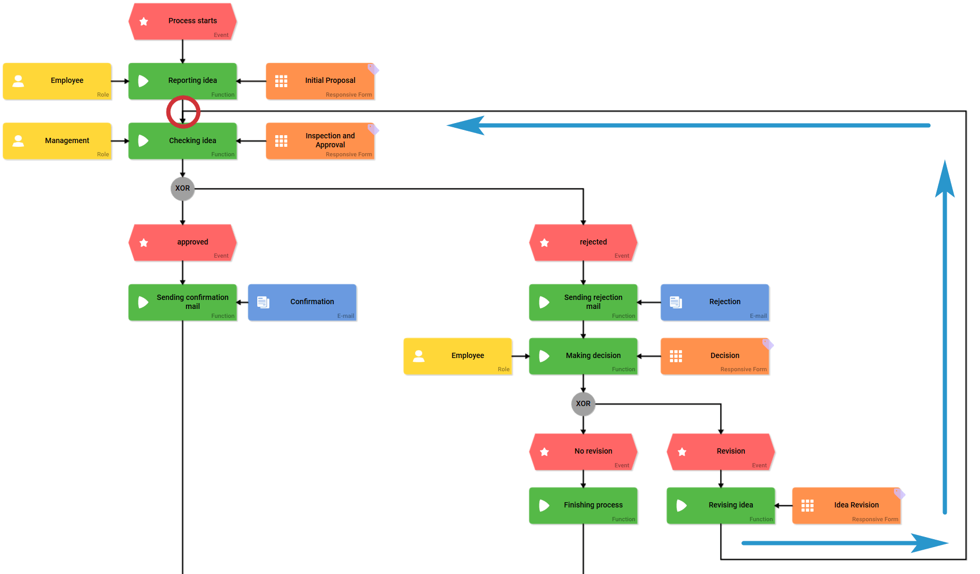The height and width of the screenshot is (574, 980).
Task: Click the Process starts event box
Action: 182,22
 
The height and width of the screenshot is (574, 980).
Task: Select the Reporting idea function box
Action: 182,81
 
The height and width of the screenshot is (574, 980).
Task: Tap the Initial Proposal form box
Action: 320,81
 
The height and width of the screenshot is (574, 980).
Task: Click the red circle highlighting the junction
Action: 183,112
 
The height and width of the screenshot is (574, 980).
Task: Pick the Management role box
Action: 57,141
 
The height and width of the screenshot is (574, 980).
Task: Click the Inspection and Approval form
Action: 320,141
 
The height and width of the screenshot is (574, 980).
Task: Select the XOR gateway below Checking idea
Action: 183,189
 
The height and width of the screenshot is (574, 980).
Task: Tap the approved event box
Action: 182,242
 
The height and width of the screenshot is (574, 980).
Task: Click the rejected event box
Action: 583,242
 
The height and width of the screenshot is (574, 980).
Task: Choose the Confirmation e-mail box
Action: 302,302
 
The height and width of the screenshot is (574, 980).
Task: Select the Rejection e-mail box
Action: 715,302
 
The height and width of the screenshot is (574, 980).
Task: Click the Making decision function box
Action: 583,356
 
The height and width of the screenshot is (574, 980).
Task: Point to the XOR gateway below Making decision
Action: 583,404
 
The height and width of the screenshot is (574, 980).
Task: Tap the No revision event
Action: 583,451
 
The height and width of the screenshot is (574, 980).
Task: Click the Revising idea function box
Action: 721,505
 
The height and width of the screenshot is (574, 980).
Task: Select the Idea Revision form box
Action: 846,505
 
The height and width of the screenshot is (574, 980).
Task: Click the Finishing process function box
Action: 583,505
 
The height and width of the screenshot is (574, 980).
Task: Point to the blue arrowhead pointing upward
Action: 945,180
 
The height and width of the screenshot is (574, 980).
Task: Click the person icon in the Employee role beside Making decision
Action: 419,356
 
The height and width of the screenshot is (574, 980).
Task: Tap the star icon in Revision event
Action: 682,452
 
